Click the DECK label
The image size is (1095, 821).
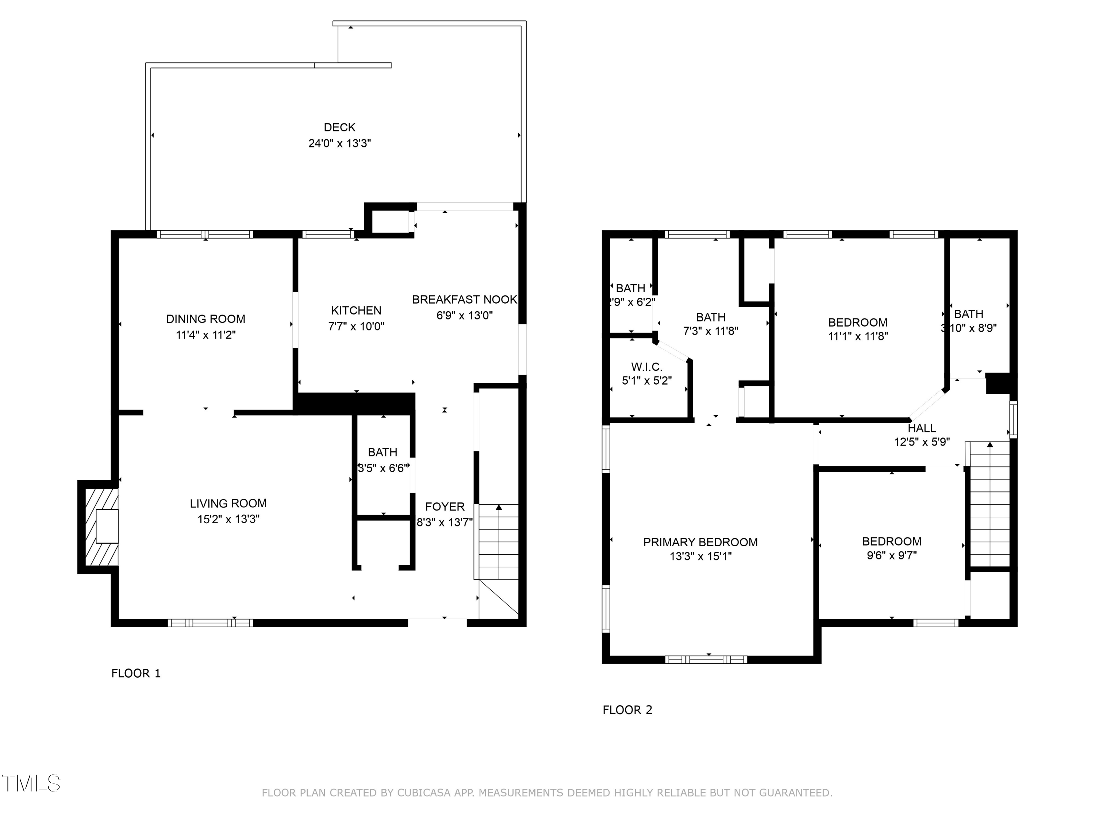[x=339, y=127]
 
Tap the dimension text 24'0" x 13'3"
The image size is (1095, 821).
[x=339, y=143]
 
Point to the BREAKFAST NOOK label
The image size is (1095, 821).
[x=464, y=300]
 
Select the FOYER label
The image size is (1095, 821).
[x=445, y=507]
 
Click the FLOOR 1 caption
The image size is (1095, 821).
[x=136, y=673]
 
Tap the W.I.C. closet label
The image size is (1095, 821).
[x=646, y=367]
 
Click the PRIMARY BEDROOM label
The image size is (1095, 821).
[x=700, y=542]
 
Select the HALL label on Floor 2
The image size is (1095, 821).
[x=921, y=428]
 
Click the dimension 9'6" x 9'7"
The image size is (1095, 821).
[x=892, y=555]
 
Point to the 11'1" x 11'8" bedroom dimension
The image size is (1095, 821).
[x=858, y=336]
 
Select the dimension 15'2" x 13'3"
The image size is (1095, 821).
[x=228, y=519]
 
